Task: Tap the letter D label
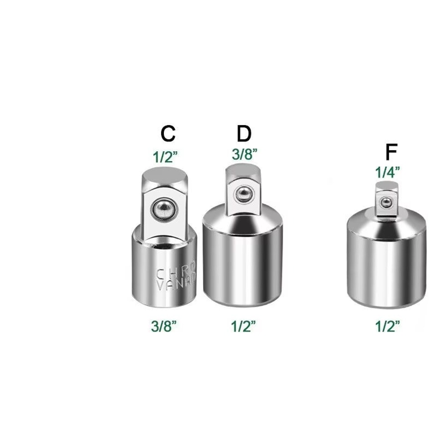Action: click(x=244, y=134)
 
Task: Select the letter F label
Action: click(x=391, y=153)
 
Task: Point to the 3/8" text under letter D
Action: click(x=244, y=154)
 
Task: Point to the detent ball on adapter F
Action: click(x=386, y=202)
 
